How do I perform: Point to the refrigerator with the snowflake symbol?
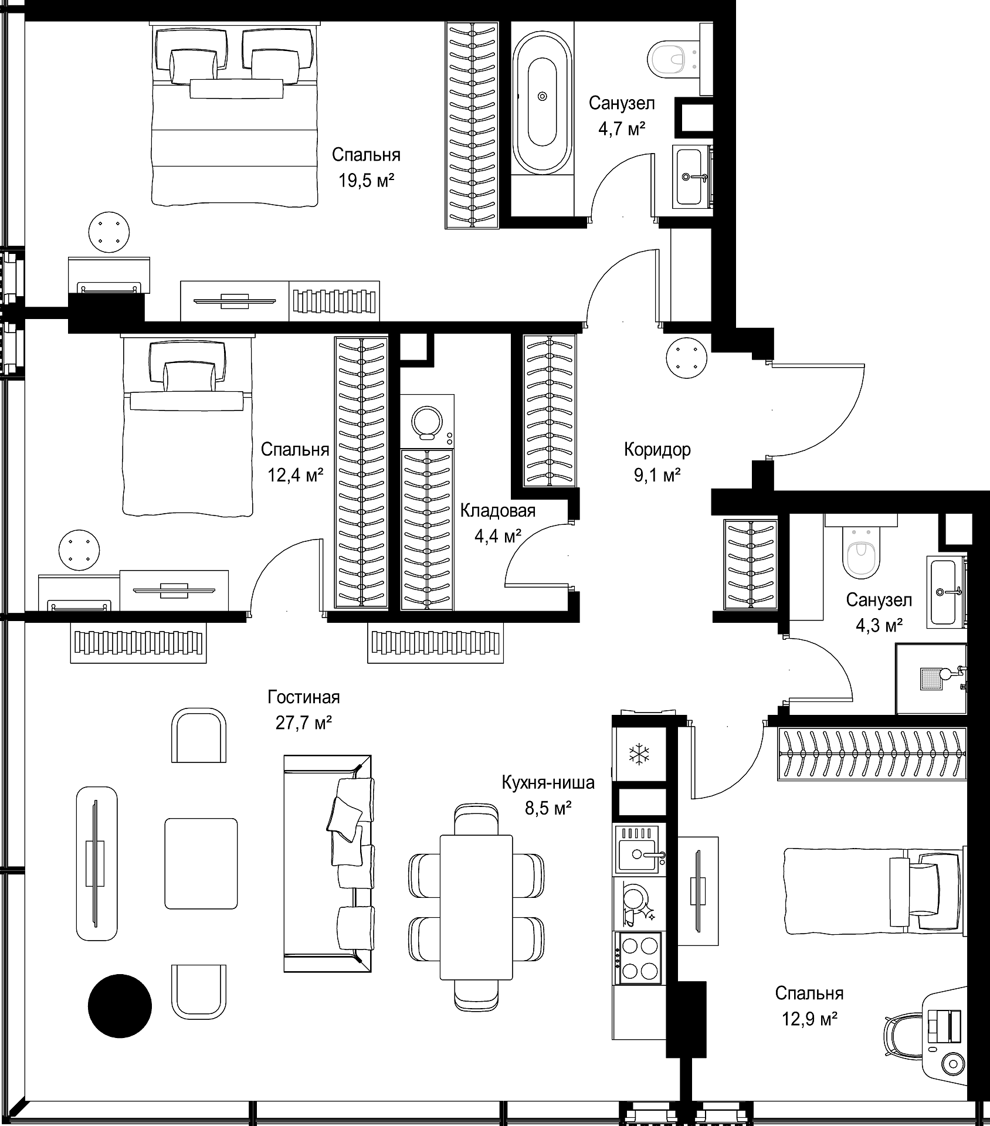pyautogui.click(x=639, y=754)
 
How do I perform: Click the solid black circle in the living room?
pyautogui.click(x=120, y=1006)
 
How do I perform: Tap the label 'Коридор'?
pyautogui.click(x=657, y=450)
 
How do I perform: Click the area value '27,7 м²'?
pyautogui.click(x=304, y=723)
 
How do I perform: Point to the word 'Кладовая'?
pyautogui.click(x=498, y=511)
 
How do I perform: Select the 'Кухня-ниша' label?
pyautogui.click(x=548, y=782)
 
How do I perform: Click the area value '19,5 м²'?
pyautogui.click(x=366, y=180)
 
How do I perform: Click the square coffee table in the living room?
pyautogui.click(x=201, y=863)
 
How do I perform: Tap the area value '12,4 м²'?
pyautogui.click(x=296, y=474)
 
